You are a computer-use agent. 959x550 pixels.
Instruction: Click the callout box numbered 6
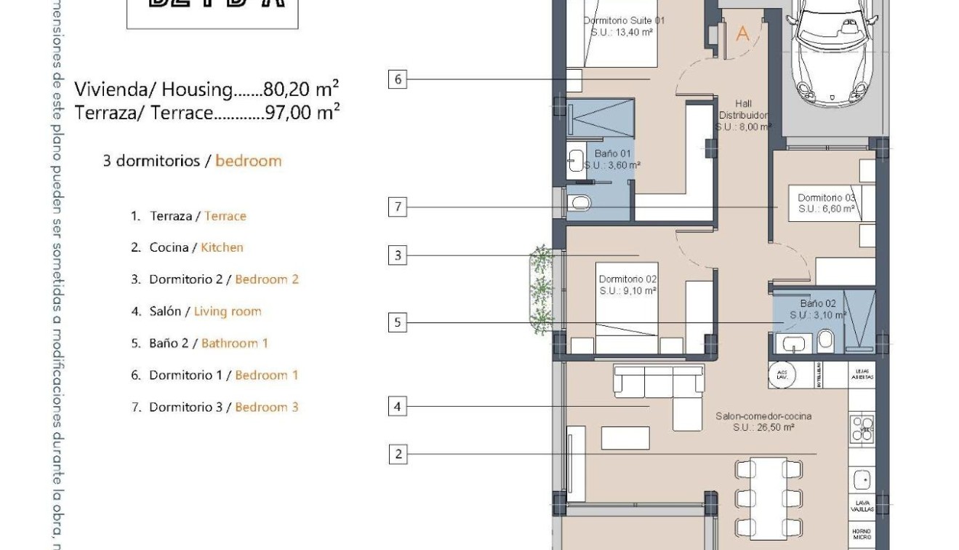pyautogui.click(x=397, y=79)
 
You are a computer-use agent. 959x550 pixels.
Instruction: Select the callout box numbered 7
pyautogui.click(x=397, y=207)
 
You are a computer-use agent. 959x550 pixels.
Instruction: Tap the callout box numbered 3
pyautogui.click(x=397, y=255)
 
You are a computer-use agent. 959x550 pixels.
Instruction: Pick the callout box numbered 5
pyautogui.click(x=397, y=322)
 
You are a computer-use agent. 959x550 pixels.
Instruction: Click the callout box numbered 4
pyautogui.click(x=397, y=406)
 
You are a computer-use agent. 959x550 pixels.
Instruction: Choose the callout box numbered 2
pyautogui.click(x=398, y=455)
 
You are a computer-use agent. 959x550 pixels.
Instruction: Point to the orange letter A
pyautogui.click(x=742, y=33)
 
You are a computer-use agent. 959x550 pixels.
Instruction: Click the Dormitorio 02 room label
pyautogui.click(x=627, y=284)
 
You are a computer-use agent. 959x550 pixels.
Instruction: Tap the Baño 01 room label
pyautogui.click(x=612, y=159)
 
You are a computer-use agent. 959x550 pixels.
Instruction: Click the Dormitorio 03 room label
pyautogui.click(x=826, y=203)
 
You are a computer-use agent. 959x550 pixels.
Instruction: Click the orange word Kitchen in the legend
pyautogui.click(x=222, y=247)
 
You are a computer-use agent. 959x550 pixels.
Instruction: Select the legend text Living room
pyautogui.click(x=228, y=311)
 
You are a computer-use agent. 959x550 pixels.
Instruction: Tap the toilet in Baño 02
pyautogui.click(x=825, y=340)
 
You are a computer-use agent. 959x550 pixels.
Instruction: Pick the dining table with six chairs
pyautogui.click(x=769, y=498)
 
